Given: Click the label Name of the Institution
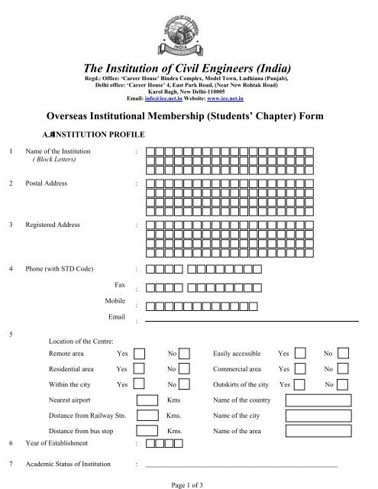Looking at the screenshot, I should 59,151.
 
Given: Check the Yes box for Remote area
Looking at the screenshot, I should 141,354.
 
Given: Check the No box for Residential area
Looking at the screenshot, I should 185,368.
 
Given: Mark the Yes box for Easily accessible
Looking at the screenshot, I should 301,354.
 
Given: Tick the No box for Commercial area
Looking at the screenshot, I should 343,368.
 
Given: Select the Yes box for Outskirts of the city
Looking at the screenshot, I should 301,384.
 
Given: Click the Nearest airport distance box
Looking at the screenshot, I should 147,400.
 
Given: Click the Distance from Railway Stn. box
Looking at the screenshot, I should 147,416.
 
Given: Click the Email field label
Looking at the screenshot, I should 116,316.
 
